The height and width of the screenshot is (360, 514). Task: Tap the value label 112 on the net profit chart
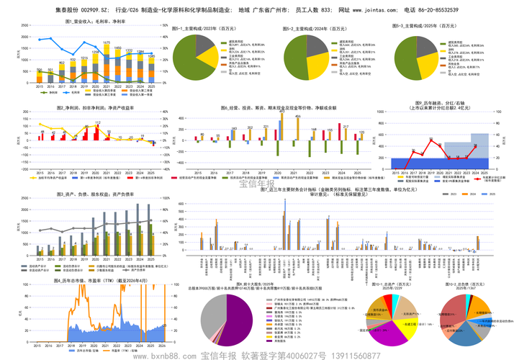click(97, 123)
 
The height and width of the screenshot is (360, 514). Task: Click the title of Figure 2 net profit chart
click(95, 107)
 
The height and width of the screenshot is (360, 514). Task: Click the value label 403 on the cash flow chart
click(279, 112)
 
